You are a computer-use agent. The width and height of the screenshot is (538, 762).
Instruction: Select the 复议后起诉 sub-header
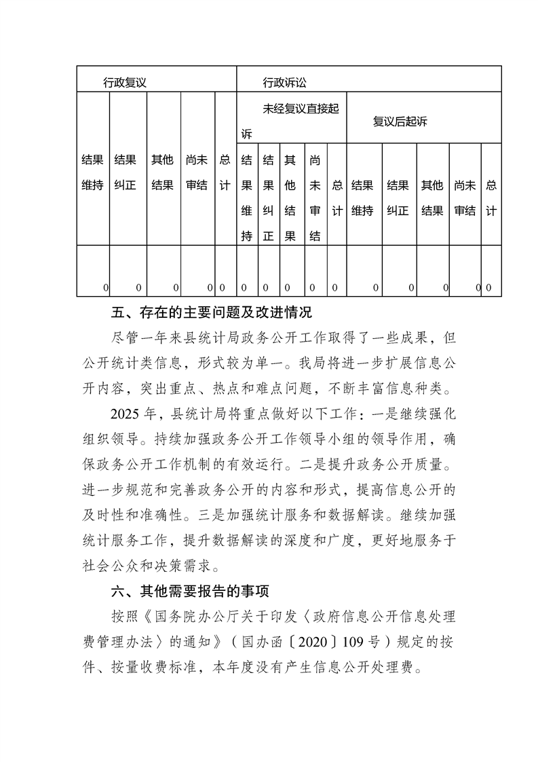point(400,122)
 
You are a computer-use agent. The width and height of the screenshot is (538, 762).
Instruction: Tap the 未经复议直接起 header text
point(301,109)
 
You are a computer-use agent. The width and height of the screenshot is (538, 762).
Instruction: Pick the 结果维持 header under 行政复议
point(92,173)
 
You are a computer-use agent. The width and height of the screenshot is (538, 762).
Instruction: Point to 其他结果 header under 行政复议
point(162,173)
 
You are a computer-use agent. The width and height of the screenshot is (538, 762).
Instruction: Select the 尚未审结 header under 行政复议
point(197,173)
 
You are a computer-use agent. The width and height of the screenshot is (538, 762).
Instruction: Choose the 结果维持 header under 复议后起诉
point(363,198)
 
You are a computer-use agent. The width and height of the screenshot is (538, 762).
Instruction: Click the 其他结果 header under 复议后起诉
point(432,198)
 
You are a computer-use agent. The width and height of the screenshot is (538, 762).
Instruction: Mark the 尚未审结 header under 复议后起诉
point(465,198)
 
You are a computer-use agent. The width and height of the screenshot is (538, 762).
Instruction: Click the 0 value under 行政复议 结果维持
point(105,289)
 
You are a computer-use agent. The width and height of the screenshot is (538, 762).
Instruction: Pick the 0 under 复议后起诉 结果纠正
point(411,289)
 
